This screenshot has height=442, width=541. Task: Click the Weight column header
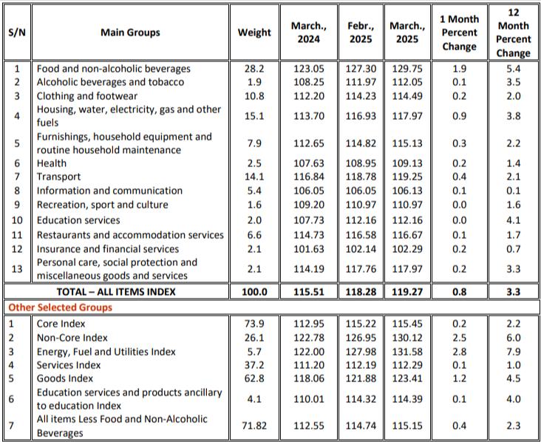(x=254, y=33)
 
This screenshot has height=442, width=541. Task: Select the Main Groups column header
(x=130, y=33)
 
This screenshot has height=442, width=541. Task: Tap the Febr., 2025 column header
(x=360, y=33)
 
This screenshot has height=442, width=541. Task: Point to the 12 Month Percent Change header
(x=514, y=33)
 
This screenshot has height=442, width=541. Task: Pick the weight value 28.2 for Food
(x=254, y=69)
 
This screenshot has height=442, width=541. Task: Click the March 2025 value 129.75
(x=407, y=69)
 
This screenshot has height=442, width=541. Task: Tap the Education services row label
(x=78, y=220)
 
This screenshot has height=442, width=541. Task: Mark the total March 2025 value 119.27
(x=407, y=292)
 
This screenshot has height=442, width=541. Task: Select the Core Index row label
(x=61, y=324)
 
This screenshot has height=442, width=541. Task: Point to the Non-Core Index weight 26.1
(x=254, y=338)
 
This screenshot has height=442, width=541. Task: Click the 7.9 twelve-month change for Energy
(x=514, y=351)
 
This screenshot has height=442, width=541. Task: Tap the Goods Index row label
(x=65, y=378)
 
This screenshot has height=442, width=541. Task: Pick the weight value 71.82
(x=254, y=425)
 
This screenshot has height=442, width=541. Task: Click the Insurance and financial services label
(x=108, y=249)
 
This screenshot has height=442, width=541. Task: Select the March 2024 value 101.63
(x=309, y=249)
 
